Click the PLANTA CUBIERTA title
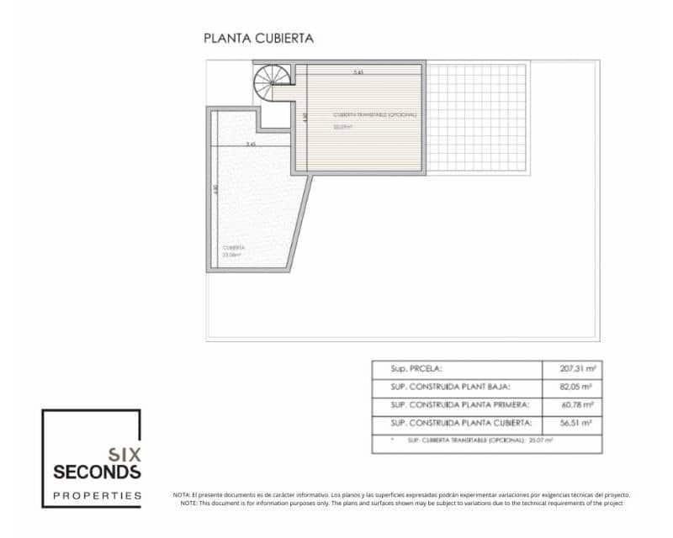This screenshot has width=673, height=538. point(259,38)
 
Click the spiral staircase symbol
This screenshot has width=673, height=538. point(273,82)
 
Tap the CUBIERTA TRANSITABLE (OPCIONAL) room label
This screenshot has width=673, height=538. point(374,114)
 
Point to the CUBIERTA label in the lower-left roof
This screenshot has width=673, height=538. point(234,247)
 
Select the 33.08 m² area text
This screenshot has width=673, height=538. point(232,254)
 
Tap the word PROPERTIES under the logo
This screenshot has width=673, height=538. point(97,495)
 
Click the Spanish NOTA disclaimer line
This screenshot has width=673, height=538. point(400,495)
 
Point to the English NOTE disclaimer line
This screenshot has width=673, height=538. point(400,503)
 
